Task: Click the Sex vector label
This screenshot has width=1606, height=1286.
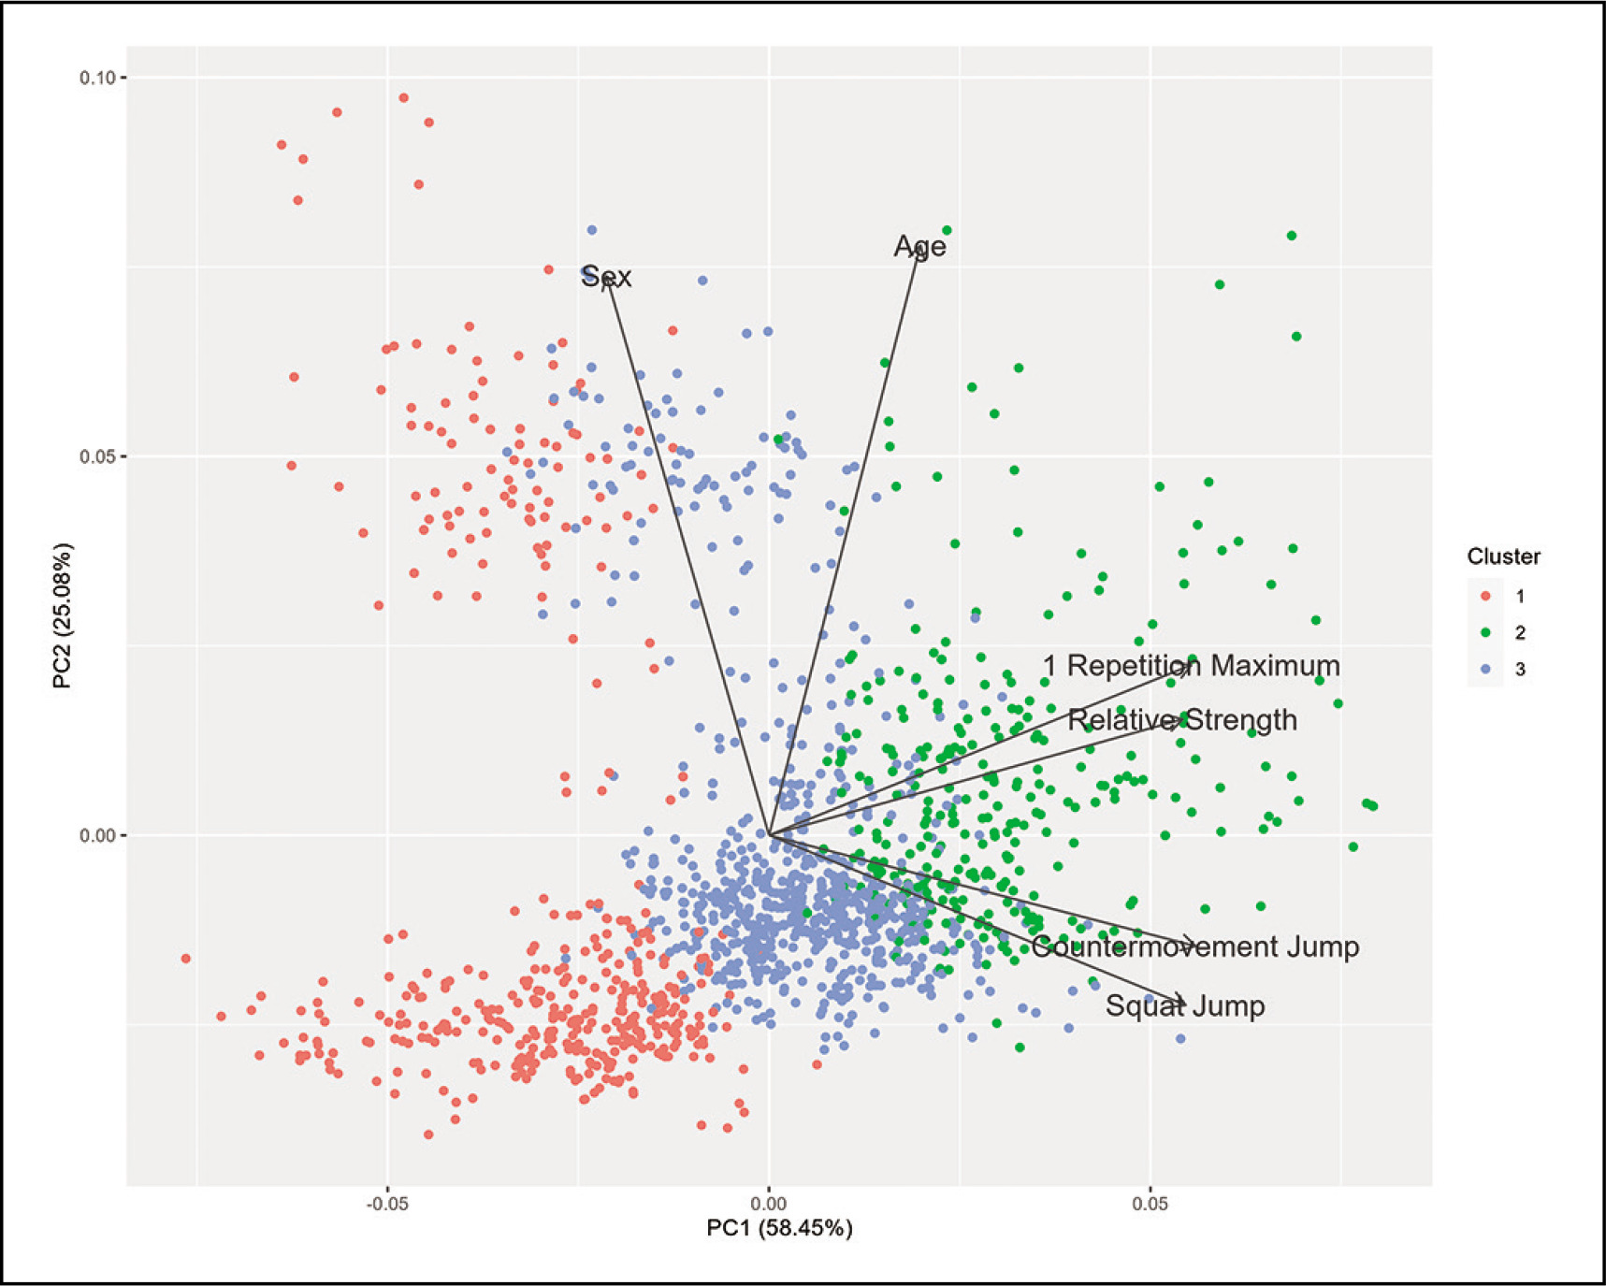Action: tap(606, 277)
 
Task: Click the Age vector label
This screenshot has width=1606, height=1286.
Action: tap(919, 246)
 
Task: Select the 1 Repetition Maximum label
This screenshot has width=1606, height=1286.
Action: tap(1191, 666)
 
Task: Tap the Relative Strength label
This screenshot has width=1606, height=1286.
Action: tap(1182, 720)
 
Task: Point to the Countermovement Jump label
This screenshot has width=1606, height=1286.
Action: tap(1194, 946)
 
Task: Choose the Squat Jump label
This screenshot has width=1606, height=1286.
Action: tap(1184, 1006)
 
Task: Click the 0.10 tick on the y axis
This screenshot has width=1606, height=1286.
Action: tap(96, 78)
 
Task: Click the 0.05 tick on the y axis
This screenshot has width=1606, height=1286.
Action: tap(96, 457)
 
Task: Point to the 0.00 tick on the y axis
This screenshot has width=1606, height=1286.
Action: tap(96, 835)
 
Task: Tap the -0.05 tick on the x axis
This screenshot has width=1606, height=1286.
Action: tap(386, 1203)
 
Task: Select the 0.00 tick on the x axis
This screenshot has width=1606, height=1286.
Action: tap(768, 1203)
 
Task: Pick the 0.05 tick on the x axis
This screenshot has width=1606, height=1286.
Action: tap(1150, 1203)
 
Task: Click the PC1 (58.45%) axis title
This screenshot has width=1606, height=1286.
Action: tap(779, 1228)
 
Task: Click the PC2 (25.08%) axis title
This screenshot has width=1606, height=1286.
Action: tap(63, 615)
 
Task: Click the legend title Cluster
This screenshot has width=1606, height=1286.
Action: tap(1503, 556)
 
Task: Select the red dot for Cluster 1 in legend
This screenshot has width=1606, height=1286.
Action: tap(1486, 596)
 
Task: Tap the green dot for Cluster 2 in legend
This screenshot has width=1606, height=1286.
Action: tap(1486, 633)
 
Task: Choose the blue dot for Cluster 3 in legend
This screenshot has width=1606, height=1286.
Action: tap(1486, 670)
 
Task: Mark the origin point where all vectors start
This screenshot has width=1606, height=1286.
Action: tap(768, 833)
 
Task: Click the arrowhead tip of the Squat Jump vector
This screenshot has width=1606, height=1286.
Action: tap(1185, 1004)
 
